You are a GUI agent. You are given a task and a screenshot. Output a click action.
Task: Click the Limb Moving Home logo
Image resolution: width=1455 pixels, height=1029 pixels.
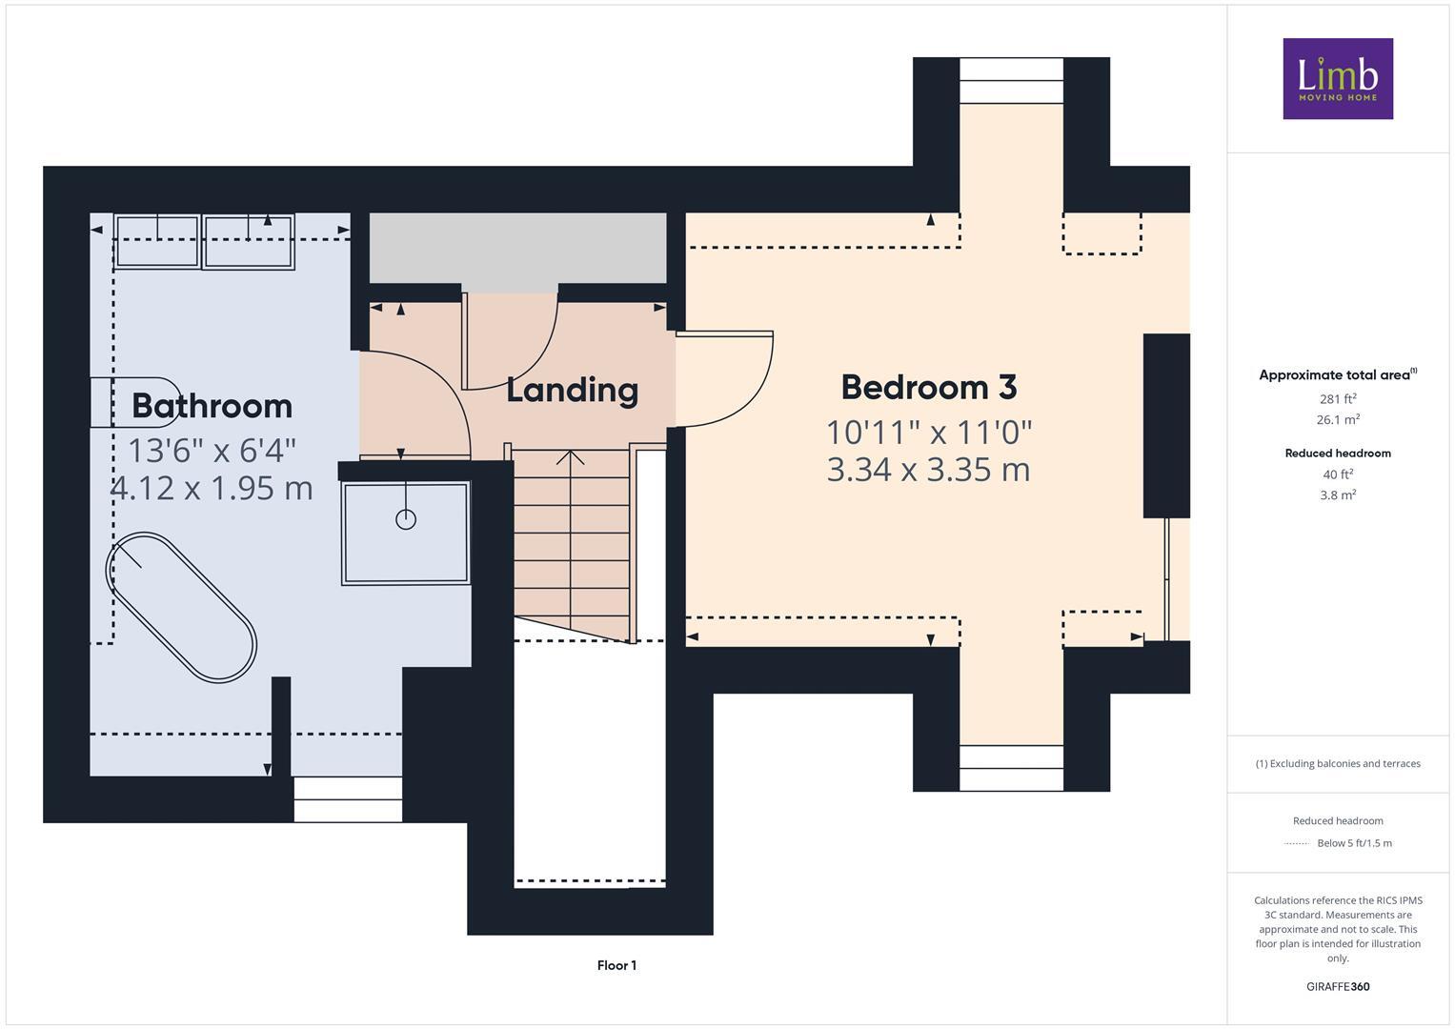coord(1337,78)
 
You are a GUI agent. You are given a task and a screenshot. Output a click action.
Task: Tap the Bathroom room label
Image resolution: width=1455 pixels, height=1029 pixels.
coord(212,406)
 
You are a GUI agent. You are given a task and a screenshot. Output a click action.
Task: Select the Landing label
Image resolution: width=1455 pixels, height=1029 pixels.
coord(572,390)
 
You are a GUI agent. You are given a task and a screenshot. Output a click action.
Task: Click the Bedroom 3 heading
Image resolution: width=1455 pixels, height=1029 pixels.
coord(928,388)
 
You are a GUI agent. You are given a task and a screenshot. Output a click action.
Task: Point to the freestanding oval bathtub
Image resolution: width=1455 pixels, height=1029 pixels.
coord(181,607)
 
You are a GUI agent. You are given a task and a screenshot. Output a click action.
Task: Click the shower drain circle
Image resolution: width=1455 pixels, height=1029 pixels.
coord(406,519)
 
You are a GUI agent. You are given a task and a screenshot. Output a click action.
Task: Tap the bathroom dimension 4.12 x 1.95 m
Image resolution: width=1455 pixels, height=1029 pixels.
coord(212,488)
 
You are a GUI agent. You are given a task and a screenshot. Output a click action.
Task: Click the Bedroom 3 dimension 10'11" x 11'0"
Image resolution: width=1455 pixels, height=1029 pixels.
coord(928,433)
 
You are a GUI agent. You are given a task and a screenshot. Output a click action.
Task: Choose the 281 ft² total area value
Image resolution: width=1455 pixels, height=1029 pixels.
coord(1338,399)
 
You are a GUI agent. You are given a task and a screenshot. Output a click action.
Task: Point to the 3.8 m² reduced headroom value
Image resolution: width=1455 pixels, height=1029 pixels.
coord(1338,494)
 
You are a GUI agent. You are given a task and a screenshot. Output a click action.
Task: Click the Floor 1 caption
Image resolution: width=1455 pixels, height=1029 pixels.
coord(616,965)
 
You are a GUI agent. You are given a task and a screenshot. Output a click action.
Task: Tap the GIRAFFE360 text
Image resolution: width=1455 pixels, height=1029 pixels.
coord(1338,986)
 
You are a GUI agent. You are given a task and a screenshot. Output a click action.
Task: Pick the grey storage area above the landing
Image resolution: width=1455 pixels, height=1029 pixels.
coord(517,247)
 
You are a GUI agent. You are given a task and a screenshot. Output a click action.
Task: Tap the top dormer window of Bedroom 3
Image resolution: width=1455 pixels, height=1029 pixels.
coord(1011,80)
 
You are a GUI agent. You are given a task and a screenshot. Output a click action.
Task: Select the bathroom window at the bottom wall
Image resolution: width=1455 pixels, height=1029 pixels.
coord(348,799)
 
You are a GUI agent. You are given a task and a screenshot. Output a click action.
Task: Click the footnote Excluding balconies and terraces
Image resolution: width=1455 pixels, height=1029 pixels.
coord(1338,763)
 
